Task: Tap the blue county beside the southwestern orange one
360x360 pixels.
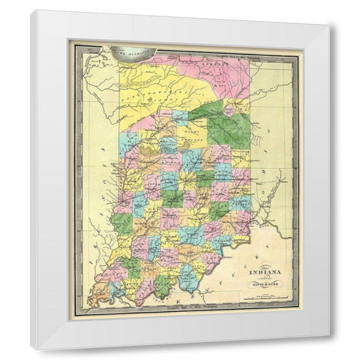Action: [116, 289]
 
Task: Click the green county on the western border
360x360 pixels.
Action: [122, 223]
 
